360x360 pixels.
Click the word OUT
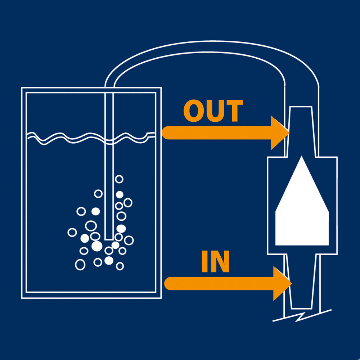[x=213, y=111]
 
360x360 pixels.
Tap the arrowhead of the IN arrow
[x=282, y=284]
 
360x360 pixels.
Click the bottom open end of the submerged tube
[x=109, y=238]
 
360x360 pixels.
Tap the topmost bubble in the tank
[x=119, y=179]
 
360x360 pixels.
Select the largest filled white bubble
[x=96, y=246]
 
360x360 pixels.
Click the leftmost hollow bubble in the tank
[x=72, y=232]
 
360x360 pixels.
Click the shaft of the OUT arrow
[x=216, y=133]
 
